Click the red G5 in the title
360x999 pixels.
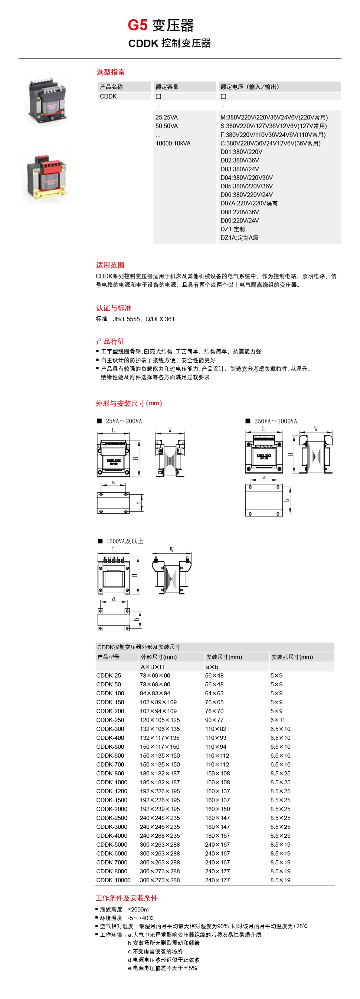click(x=137, y=25)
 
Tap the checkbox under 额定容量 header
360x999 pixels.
click(x=158, y=96)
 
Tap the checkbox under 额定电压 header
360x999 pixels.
click(x=223, y=96)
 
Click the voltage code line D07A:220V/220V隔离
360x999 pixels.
click(x=249, y=203)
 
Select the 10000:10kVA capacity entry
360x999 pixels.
click(x=173, y=144)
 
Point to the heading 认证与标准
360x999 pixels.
click(x=114, y=308)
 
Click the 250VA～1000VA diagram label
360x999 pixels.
click(x=275, y=421)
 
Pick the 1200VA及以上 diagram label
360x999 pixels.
click(x=125, y=541)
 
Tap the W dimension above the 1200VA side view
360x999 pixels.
click(x=171, y=550)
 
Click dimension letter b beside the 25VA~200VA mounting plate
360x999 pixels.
click(x=138, y=503)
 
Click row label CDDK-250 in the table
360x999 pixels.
click(x=110, y=720)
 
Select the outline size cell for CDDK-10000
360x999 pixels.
click(x=160, y=880)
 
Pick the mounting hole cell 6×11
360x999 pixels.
click(x=277, y=720)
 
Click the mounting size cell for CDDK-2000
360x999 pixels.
click(x=217, y=809)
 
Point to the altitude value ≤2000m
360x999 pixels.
click(x=138, y=909)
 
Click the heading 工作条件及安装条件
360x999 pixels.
click(x=127, y=898)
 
